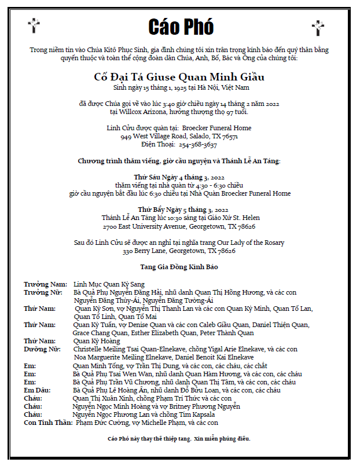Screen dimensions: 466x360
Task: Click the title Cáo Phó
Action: click(181, 27)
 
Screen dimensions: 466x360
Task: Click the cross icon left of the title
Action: click(34, 25)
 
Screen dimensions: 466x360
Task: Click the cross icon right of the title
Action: click(318, 27)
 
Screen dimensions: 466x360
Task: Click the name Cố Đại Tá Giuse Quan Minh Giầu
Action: click(180, 77)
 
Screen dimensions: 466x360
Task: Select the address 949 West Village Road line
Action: click(179, 137)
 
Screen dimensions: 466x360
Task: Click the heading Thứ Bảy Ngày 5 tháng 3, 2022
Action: click(179, 210)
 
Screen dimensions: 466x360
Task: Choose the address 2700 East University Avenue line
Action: click(179, 226)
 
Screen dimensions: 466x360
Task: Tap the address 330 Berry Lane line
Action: click(179, 251)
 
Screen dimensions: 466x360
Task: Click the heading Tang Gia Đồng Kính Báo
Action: click(179, 267)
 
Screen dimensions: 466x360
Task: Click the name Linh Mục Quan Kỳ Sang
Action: click(109, 284)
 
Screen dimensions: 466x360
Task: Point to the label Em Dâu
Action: click(36, 390)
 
